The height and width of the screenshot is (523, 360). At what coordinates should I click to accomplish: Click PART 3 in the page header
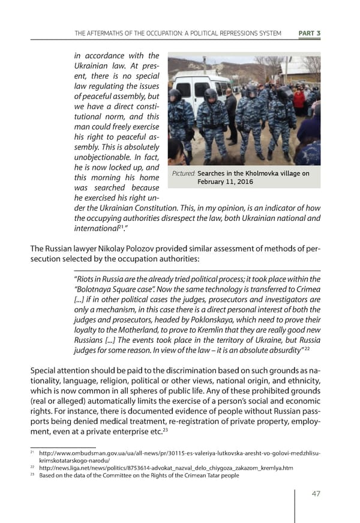tap(309, 33)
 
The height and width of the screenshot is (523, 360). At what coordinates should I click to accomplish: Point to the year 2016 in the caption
tap(242, 182)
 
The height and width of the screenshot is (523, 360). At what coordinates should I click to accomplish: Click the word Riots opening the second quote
tap(83, 279)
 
